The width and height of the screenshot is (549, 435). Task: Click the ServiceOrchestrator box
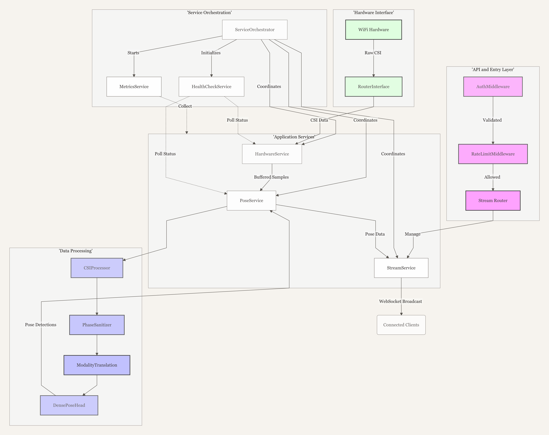click(x=255, y=30)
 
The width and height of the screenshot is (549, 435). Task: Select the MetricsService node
click(x=134, y=87)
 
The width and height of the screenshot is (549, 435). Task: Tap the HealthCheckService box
click(x=211, y=87)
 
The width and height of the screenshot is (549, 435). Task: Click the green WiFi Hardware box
click(x=374, y=30)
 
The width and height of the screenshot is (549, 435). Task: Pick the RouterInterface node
click(x=374, y=87)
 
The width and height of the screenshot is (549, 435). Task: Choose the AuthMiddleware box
click(x=493, y=87)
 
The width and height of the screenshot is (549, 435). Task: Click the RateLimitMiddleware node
click(x=493, y=154)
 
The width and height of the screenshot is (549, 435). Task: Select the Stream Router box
click(x=493, y=200)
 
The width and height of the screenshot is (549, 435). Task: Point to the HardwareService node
click(x=272, y=154)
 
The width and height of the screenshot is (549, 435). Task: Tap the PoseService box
click(x=251, y=200)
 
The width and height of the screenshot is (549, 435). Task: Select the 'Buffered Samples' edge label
click(x=271, y=177)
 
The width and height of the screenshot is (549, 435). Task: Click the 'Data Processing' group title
click(x=76, y=251)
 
